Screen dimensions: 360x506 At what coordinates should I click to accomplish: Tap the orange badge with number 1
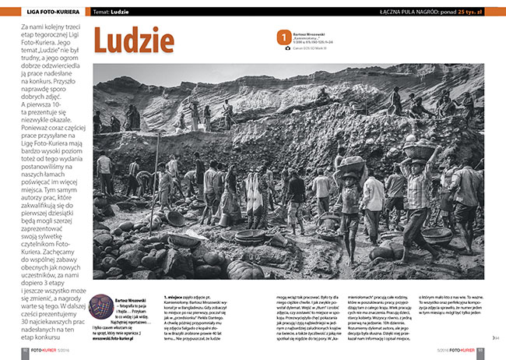[283, 36]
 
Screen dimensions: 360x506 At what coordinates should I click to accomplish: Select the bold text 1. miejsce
[177, 297]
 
